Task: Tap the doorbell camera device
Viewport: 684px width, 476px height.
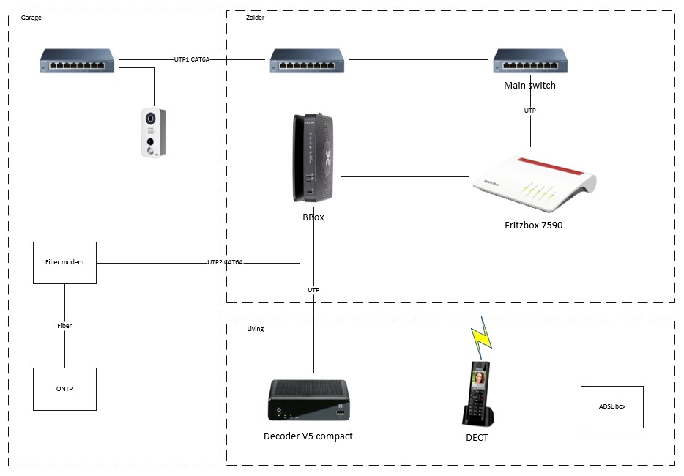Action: [x=153, y=132]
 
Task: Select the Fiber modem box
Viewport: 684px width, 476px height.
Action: [x=64, y=263]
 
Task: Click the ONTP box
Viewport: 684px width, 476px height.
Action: [x=64, y=389]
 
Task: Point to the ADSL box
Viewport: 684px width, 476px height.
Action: [x=611, y=406]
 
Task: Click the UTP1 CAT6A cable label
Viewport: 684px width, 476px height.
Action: [x=192, y=59]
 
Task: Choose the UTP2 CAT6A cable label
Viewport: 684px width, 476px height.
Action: [x=225, y=262]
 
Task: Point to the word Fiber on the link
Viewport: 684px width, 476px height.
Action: [x=64, y=326]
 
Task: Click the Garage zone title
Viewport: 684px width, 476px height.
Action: [x=31, y=18]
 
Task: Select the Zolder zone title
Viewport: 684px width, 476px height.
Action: [x=256, y=18]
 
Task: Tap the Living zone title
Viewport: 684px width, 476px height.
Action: [x=255, y=329]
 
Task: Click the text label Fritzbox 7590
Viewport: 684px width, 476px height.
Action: [x=532, y=226]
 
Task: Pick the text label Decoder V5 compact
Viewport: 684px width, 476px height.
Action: [x=308, y=436]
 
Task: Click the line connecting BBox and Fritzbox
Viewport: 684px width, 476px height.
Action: [x=404, y=176]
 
